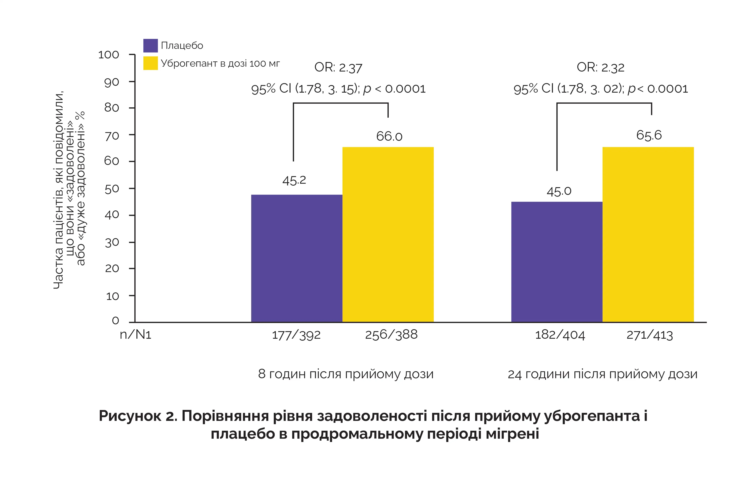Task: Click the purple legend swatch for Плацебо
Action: [150, 46]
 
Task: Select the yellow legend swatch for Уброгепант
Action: [150, 63]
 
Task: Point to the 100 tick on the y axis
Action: [109, 55]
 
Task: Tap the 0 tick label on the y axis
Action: [115, 320]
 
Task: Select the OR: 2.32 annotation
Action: [601, 67]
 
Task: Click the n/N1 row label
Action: [135, 335]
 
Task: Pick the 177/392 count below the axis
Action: [296, 335]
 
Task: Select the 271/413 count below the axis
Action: [650, 335]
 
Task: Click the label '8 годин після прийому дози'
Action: [346, 374]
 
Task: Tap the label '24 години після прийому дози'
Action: [602, 374]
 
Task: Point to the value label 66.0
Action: [389, 136]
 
